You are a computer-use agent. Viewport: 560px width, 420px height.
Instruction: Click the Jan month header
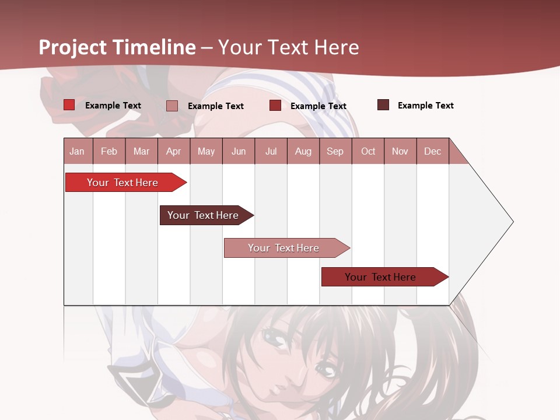click(77, 151)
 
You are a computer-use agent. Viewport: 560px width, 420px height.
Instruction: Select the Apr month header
click(173, 151)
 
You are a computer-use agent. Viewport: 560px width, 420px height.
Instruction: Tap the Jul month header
click(271, 151)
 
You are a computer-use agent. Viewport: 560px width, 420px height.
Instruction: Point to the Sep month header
click(335, 151)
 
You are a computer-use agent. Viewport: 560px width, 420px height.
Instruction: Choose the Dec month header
click(432, 151)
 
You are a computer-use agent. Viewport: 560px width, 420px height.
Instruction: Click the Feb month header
click(109, 151)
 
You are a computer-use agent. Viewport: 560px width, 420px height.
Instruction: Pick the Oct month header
click(368, 151)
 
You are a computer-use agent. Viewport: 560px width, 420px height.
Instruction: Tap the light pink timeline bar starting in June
click(284, 248)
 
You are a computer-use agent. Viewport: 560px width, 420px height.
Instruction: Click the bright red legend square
click(69, 105)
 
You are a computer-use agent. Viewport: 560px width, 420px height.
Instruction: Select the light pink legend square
click(172, 106)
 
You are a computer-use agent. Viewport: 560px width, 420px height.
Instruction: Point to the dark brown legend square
click(383, 105)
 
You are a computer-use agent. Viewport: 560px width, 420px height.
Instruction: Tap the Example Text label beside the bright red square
click(113, 106)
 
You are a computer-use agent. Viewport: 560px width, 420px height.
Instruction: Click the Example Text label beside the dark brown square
click(425, 106)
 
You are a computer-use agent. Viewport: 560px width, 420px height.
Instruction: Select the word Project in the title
click(73, 47)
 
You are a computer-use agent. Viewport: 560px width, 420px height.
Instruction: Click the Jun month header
click(239, 151)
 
